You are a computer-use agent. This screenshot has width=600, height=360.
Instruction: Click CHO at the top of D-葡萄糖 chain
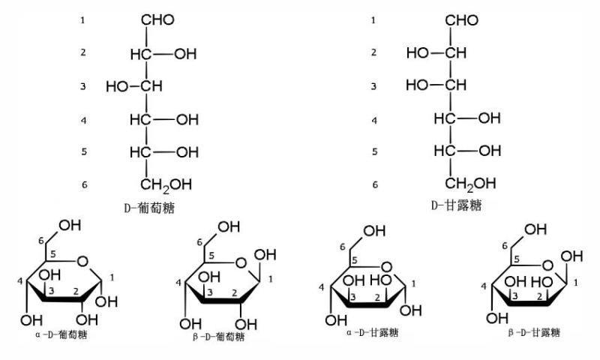click(157, 20)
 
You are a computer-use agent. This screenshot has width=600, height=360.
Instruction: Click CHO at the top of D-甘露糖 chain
click(462, 20)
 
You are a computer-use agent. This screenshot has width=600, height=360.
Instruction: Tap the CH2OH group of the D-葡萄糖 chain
click(166, 185)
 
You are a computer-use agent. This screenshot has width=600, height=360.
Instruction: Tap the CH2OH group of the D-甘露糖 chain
click(470, 184)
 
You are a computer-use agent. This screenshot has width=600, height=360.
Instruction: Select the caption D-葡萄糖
click(149, 208)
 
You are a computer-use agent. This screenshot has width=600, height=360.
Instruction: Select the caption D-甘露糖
click(457, 205)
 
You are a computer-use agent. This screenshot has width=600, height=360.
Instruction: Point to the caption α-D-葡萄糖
click(61, 334)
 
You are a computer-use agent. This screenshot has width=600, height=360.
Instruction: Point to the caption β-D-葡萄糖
click(218, 337)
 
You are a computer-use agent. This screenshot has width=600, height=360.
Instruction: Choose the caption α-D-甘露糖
click(372, 332)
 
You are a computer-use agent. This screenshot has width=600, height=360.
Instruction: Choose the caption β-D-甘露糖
click(534, 332)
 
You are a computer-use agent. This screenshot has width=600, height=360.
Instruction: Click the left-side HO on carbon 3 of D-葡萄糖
click(117, 87)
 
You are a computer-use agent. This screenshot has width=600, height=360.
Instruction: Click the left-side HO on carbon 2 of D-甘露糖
click(418, 52)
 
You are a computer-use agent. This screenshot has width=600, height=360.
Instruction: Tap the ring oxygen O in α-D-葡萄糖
click(82, 262)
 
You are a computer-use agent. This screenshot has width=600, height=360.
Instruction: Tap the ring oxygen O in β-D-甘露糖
click(548, 265)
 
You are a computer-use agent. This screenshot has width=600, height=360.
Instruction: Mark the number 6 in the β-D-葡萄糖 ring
click(199, 242)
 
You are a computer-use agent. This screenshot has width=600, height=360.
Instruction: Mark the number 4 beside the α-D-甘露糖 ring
click(322, 287)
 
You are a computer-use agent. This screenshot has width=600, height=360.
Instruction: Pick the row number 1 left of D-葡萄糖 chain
click(82, 20)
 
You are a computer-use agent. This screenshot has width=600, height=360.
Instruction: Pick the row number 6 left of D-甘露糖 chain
click(375, 184)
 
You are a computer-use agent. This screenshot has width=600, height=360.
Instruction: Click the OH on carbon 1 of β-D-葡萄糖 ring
click(265, 254)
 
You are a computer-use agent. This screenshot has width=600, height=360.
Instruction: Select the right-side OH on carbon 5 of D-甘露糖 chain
click(490, 151)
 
